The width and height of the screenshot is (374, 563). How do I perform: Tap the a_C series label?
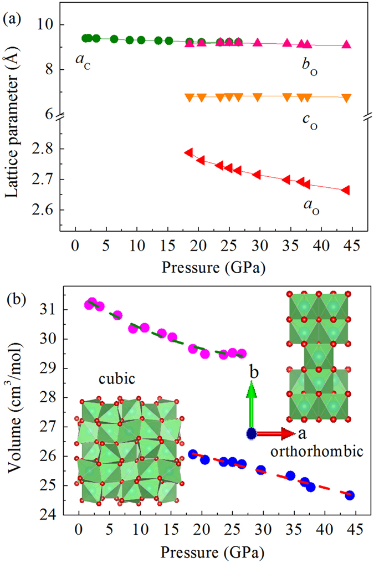(84, 59)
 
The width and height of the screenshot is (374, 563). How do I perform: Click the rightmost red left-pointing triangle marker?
(345, 190)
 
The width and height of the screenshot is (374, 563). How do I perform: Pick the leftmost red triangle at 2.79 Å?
(188, 152)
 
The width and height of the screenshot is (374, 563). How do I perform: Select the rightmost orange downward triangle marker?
(346, 98)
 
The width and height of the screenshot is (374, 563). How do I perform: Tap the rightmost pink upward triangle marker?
(346, 44)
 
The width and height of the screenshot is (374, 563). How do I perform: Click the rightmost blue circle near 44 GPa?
(350, 495)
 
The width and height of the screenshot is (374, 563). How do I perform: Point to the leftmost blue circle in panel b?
(193, 454)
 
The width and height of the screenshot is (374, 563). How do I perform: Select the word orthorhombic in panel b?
(316, 452)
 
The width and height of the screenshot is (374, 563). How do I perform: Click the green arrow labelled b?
(252, 410)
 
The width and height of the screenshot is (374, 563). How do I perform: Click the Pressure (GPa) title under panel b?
(213, 552)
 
